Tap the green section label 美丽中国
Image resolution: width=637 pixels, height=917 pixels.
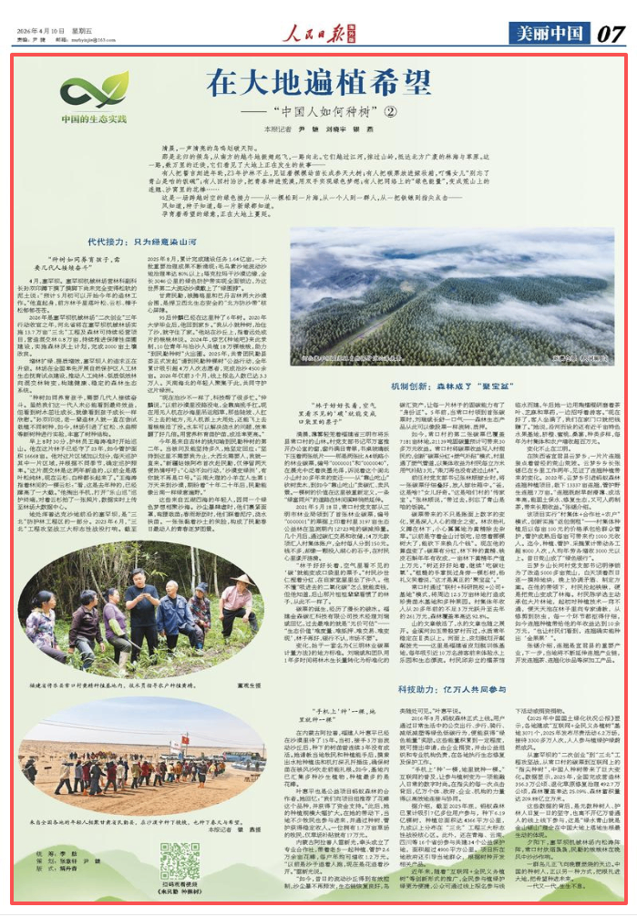[549, 33]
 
